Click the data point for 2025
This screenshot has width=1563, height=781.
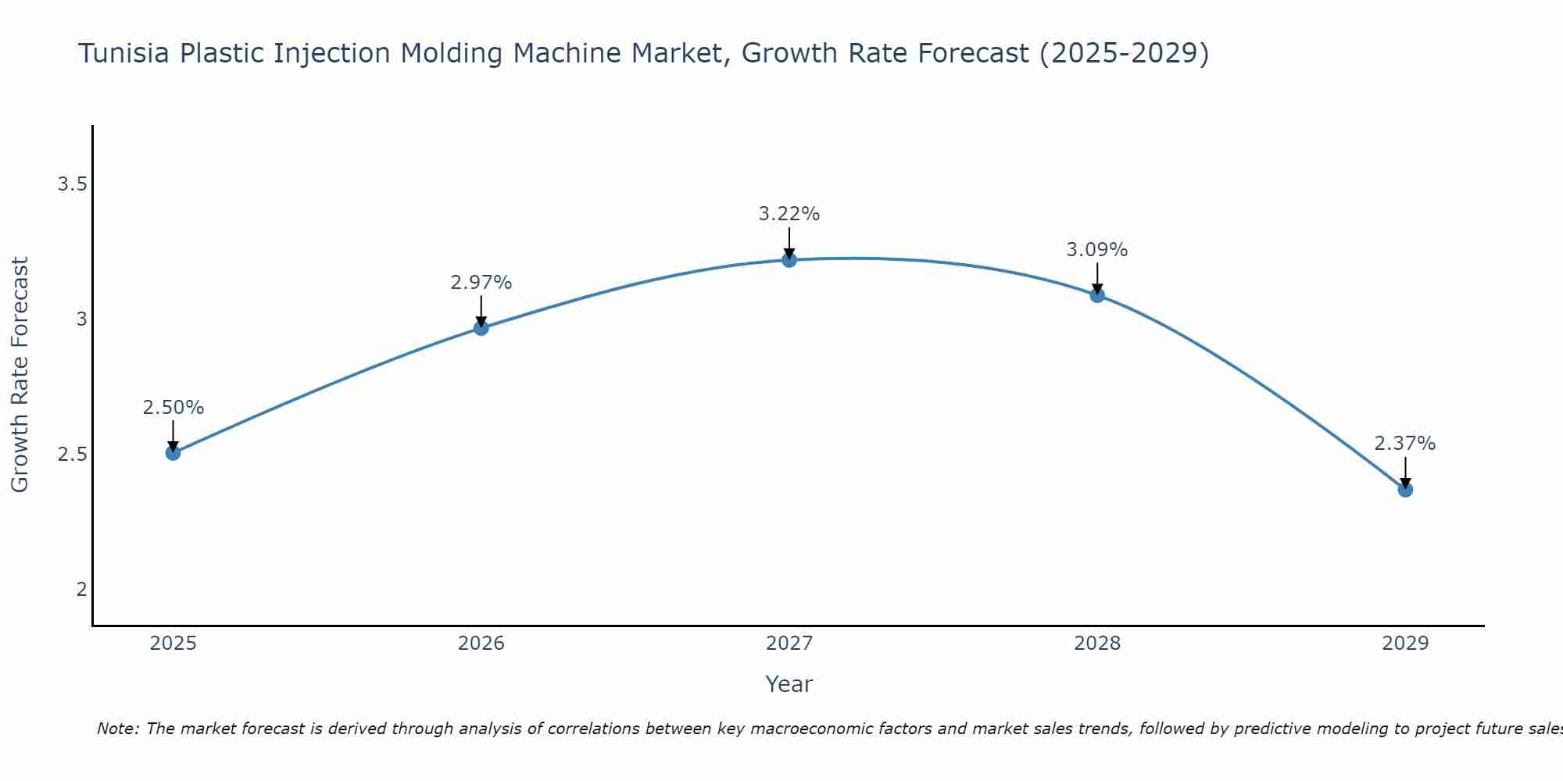pos(173,452)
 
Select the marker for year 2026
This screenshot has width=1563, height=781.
pos(481,327)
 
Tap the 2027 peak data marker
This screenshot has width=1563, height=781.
pos(789,259)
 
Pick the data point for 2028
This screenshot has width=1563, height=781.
pos(1097,294)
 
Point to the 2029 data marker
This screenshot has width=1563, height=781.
pos(1405,490)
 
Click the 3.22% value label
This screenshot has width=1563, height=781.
pos(789,214)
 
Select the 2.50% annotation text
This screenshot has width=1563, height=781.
pos(173,408)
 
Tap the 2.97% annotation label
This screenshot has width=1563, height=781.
pos(481,283)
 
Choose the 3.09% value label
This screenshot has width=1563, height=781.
pos(1097,250)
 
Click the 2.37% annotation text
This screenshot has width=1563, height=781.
pos(1405,444)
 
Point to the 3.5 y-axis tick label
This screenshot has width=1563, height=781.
pos(72,184)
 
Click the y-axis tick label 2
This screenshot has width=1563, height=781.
pos(81,590)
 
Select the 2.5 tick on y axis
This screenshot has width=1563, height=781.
pos(72,455)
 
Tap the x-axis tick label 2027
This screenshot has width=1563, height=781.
pos(789,644)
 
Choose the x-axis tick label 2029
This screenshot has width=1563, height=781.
pos(1405,644)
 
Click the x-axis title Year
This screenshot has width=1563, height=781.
pos(789,684)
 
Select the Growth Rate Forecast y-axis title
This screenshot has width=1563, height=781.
pos(20,374)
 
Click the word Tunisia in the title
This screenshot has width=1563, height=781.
pos(125,53)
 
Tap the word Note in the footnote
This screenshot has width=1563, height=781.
pos(117,729)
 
